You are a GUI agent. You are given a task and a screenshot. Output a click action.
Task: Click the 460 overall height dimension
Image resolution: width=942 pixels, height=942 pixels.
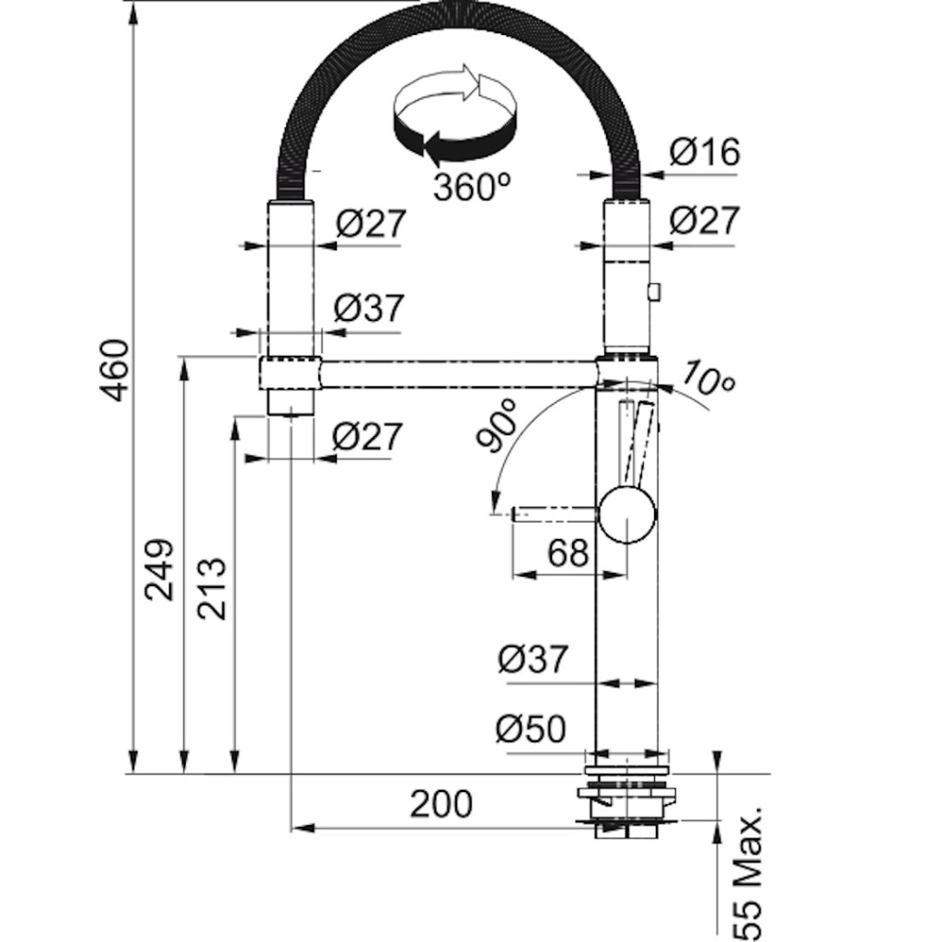(115, 370)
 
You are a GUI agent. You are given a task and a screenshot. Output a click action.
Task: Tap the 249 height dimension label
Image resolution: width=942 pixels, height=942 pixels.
(162, 569)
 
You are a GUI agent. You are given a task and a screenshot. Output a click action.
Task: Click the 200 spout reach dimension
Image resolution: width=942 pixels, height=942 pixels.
(442, 804)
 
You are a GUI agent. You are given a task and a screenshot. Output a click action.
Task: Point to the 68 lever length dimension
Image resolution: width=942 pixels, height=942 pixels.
(567, 554)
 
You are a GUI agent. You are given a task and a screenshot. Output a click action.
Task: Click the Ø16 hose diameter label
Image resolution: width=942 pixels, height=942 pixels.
(704, 152)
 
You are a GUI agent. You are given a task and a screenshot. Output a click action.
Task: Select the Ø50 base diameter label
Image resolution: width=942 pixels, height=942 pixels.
(531, 730)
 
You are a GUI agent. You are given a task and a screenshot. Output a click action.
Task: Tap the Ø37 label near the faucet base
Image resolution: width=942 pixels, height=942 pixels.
(533, 660)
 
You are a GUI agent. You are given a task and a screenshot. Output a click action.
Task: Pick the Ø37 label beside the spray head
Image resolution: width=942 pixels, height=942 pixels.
(368, 308)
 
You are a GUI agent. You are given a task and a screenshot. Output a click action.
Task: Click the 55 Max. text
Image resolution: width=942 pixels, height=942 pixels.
(750, 874)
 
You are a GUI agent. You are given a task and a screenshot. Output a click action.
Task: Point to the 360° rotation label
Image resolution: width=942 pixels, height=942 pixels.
(471, 188)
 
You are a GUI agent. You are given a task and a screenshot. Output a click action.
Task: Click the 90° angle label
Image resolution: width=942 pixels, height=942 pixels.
(498, 427)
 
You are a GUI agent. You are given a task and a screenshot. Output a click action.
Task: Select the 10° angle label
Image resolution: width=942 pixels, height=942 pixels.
(709, 378)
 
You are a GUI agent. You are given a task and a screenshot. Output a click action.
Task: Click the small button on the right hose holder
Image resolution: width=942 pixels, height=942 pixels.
(654, 292)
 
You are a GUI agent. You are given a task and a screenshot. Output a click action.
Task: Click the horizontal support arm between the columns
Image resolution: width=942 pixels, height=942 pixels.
(460, 374)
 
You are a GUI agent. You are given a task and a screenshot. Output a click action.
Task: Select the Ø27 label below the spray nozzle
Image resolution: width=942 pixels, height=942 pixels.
(367, 436)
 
